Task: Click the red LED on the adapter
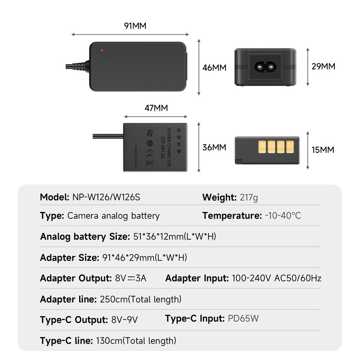[103, 50]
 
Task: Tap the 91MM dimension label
[135, 26]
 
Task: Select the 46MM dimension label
[214, 68]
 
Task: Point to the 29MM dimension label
[323, 67]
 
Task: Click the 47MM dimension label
[156, 108]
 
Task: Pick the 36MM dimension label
[214, 147]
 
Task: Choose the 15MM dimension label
[323, 150]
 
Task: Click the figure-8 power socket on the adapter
[265, 67]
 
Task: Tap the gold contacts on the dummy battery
[276, 146]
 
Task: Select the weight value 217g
[248, 197]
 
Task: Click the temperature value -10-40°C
[283, 216]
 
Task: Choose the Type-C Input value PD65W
[243, 319]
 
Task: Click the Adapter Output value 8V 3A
[131, 278]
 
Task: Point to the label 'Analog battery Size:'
[85, 237]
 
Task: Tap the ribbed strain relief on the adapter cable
[80, 67]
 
